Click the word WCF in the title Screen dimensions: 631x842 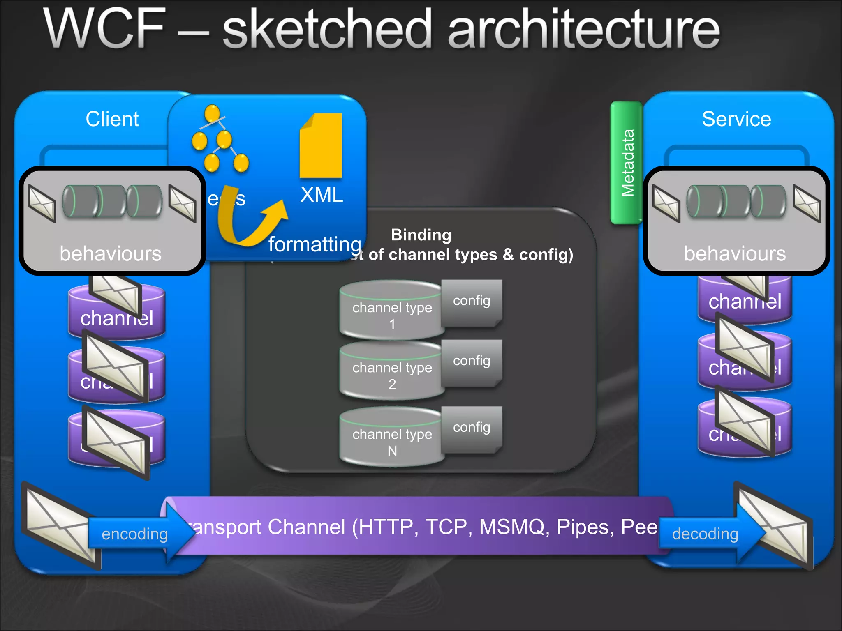click(x=105, y=29)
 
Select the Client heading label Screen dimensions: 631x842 click(x=112, y=119)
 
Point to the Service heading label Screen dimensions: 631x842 click(x=736, y=119)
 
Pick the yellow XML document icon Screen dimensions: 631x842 click(x=321, y=146)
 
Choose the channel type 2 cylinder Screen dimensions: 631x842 click(x=391, y=371)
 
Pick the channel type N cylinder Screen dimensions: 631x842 click(x=391, y=438)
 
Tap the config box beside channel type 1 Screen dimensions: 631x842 click(x=472, y=302)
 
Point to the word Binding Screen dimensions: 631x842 click(x=421, y=235)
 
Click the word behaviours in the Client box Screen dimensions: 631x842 click(x=111, y=253)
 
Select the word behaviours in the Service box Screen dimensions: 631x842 click(x=735, y=253)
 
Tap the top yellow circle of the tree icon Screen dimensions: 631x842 click(x=213, y=113)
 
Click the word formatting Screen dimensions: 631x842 click(x=315, y=244)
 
